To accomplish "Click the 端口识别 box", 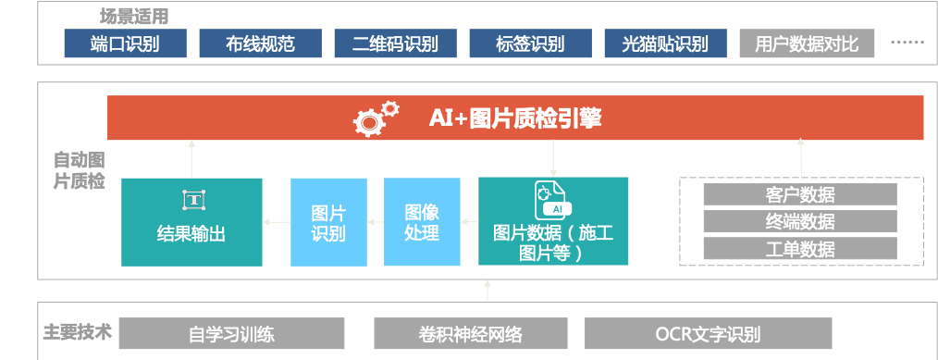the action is click(126, 43).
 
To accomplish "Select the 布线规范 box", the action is click(261, 43).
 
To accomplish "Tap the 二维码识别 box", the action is click(395, 43).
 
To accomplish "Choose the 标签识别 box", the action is click(531, 43).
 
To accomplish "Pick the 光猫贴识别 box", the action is click(666, 43).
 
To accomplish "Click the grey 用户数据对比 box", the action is click(807, 43).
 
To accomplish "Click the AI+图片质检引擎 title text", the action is click(515, 118).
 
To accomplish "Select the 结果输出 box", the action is click(191, 222).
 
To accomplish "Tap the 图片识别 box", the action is click(329, 222).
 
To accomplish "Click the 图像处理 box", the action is click(422, 222).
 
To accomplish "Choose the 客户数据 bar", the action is click(800, 194).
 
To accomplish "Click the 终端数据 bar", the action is click(800, 221).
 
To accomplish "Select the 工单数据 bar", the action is click(800, 248).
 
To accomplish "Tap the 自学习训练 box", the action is click(231, 333).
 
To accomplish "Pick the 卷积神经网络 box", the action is click(471, 333).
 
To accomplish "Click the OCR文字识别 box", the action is click(709, 333).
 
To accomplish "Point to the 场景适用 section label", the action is click(134, 16).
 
